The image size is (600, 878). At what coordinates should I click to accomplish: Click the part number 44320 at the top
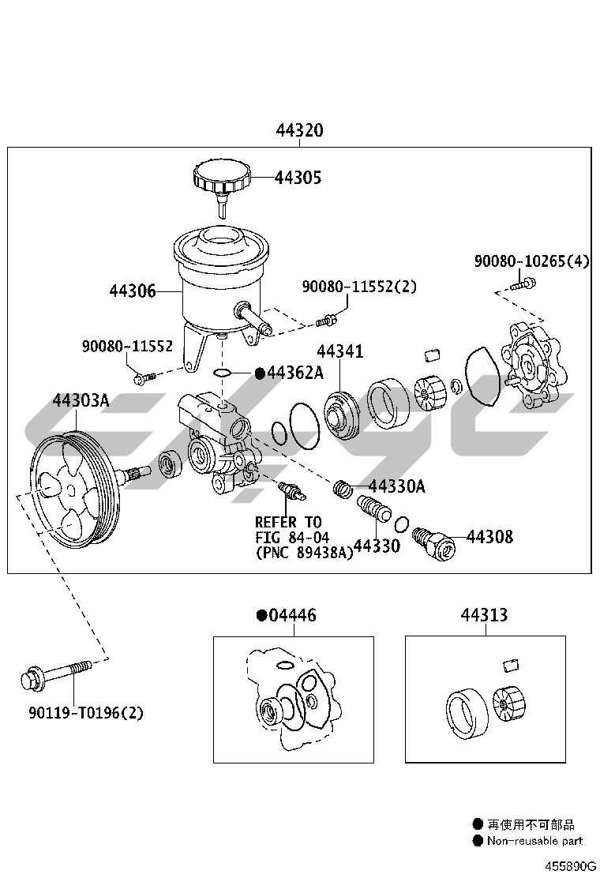pyautogui.click(x=299, y=130)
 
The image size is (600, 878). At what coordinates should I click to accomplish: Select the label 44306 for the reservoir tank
pyautogui.click(x=132, y=291)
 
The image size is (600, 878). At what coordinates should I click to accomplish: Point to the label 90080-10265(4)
pyautogui.click(x=531, y=261)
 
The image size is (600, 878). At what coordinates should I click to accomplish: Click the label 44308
pyautogui.click(x=489, y=538)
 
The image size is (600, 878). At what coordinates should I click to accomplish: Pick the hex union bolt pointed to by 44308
pyautogui.click(x=438, y=543)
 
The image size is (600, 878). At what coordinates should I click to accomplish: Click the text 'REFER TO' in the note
pyautogui.click(x=288, y=522)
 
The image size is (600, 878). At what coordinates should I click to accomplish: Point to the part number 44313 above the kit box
pyautogui.click(x=485, y=615)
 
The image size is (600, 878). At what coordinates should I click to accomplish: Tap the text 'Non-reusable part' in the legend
pyautogui.click(x=534, y=842)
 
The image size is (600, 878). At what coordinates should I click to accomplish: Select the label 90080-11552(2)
pyautogui.click(x=358, y=287)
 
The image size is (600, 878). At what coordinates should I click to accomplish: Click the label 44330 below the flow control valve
pyautogui.click(x=376, y=545)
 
